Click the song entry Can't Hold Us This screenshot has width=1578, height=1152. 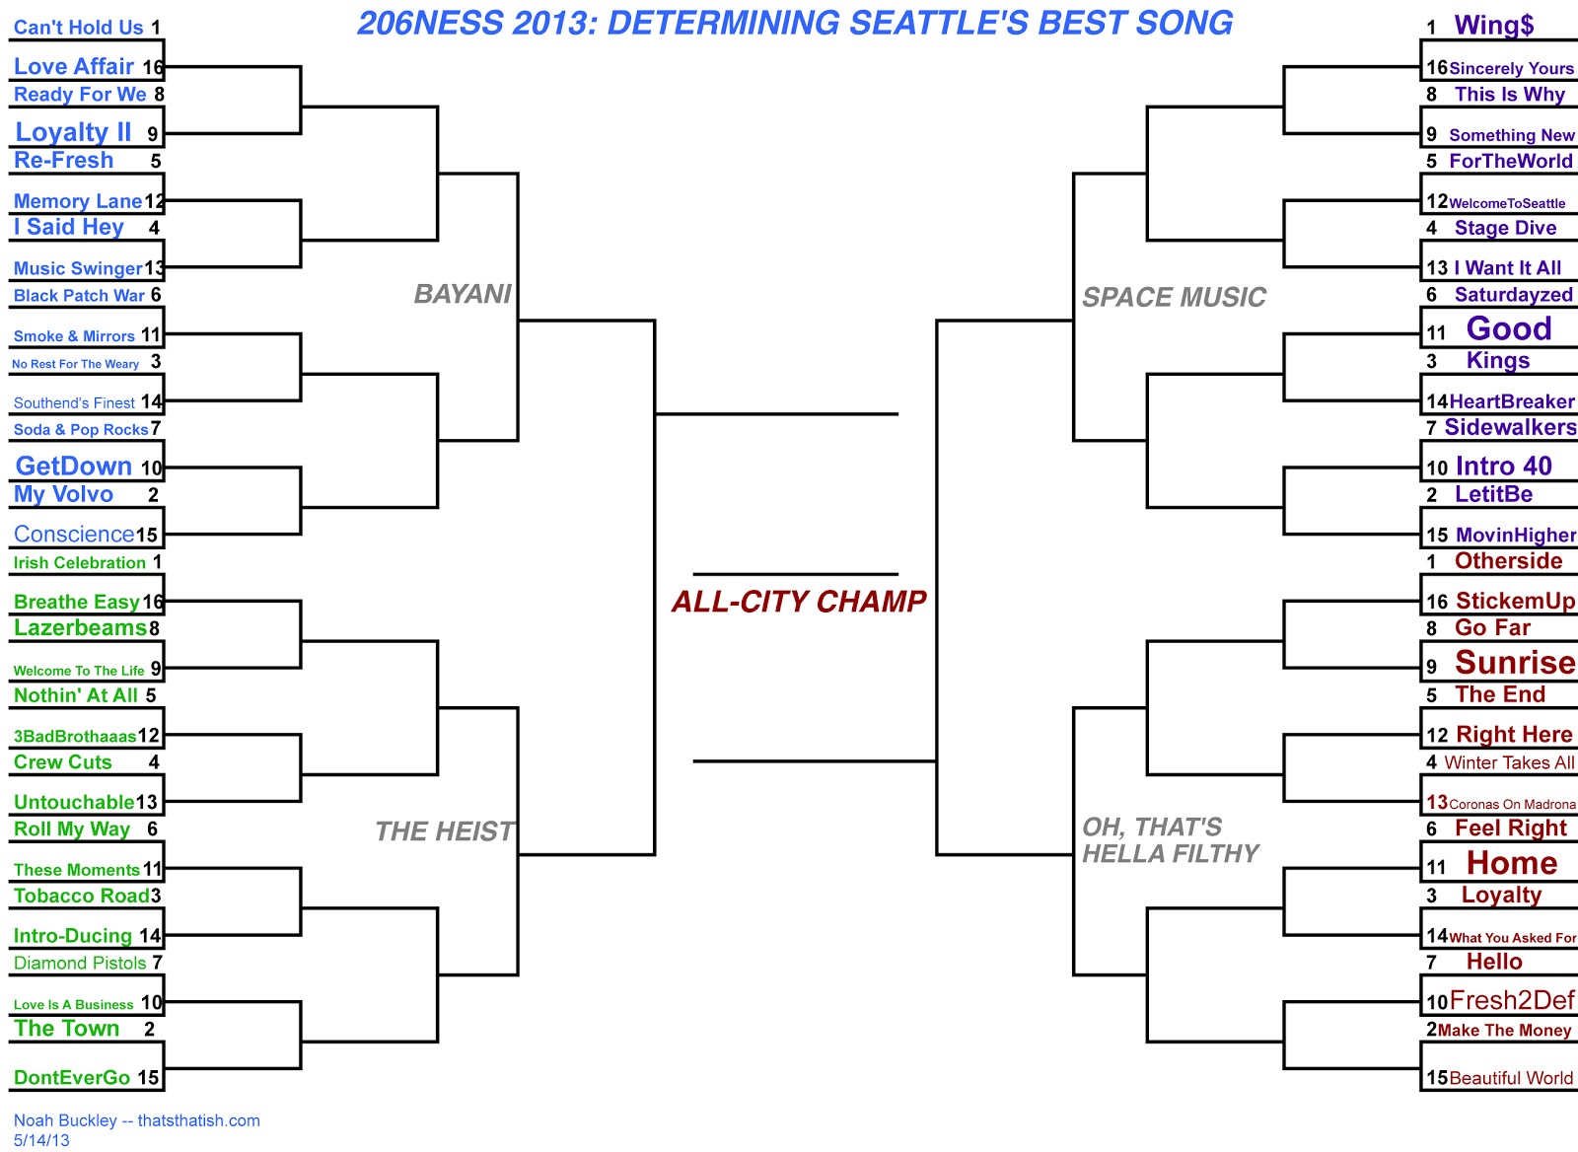[x=78, y=28]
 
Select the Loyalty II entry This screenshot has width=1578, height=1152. [x=73, y=132]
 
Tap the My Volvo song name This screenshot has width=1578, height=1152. [x=63, y=494]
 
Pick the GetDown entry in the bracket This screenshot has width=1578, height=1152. [x=74, y=467]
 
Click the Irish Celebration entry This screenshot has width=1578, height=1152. [x=79, y=562]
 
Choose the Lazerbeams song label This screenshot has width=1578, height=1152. [x=80, y=628]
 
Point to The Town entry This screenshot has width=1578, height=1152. [x=66, y=1029]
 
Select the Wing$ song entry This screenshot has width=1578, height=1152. [x=1493, y=26]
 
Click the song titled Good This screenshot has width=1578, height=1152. [x=1509, y=328]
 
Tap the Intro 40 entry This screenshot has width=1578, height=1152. [x=1503, y=467]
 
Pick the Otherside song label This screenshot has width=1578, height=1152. [x=1508, y=561]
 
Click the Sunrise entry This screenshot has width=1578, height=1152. [x=1515, y=663]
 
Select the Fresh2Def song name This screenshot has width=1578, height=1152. [x=1512, y=1001]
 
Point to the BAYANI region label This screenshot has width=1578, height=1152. [x=463, y=294]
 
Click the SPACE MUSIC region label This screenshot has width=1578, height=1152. [x=1174, y=297]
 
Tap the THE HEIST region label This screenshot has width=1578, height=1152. [x=445, y=831]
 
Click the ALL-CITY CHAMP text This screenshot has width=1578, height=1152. [x=799, y=602]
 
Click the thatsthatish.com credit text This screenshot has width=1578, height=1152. [x=198, y=1120]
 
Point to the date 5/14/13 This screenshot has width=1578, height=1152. [x=41, y=1140]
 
